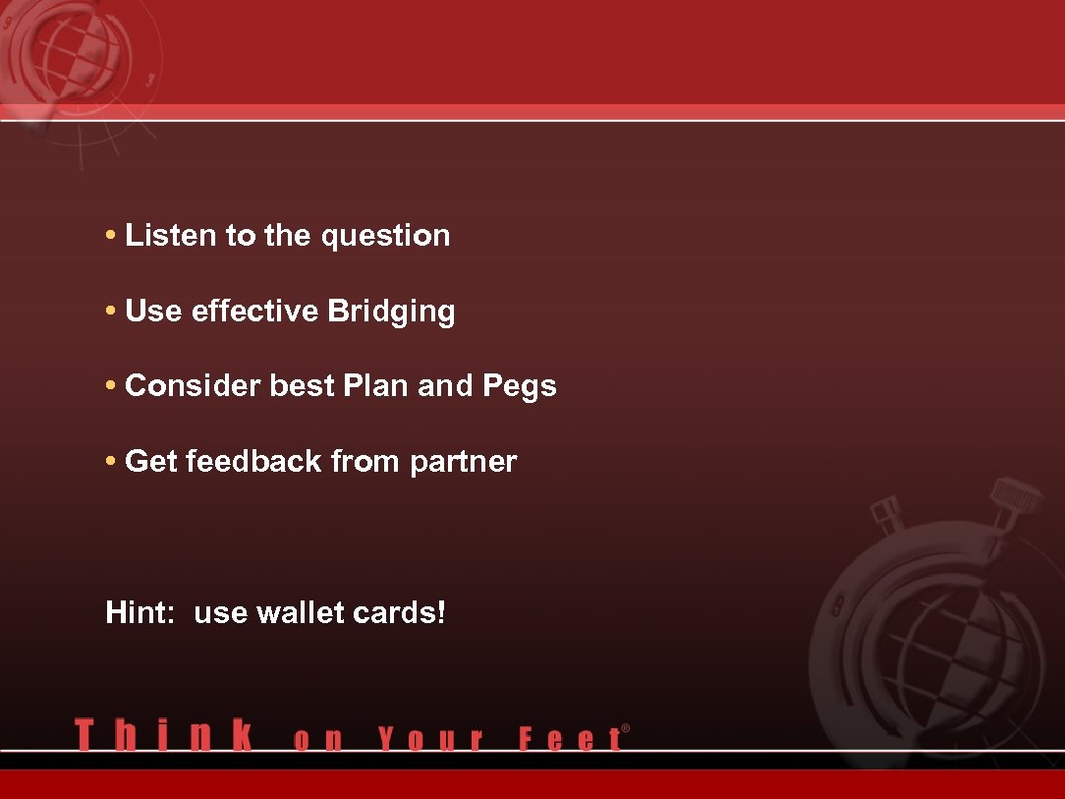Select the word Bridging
pyautogui.click(x=391, y=313)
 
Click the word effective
pyautogui.click(x=255, y=312)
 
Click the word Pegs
pyautogui.click(x=520, y=387)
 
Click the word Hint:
pyautogui.click(x=140, y=613)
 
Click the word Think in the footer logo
pyautogui.click(x=163, y=736)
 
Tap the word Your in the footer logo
pyautogui.click(x=431, y=738)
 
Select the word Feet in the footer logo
pyautogui.click(x=570, y=738)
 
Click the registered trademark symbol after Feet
pyautogui.click(x=626, y=729)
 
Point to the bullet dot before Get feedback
pyautogui.click(x=112, y=462)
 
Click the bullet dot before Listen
pyautogui.click(x=112, y=237)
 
